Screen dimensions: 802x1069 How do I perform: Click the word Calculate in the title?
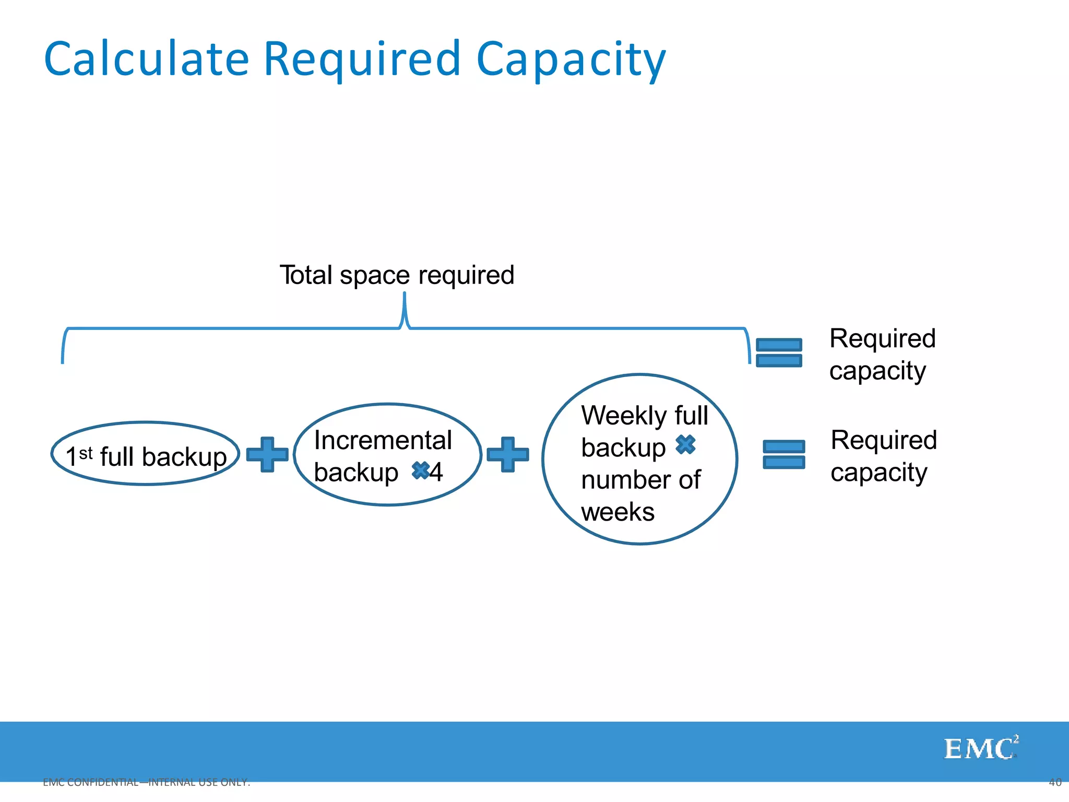[x=147, y=59]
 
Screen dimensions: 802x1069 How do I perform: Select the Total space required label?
[x=397, y=275]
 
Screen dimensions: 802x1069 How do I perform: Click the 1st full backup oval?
[x=146, y=454]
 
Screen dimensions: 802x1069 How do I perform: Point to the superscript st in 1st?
[x=86, y=452]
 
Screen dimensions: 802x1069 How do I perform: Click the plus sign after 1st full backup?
[x=267, y=455]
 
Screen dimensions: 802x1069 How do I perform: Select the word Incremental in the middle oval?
[x=383, y=440]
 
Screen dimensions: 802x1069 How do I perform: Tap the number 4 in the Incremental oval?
[x=436, y=472]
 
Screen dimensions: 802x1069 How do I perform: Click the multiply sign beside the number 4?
[x=420, y=470]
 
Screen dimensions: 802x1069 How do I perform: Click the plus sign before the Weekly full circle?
[x=507, y=455]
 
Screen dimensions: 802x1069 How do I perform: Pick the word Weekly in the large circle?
[x=624, y=416]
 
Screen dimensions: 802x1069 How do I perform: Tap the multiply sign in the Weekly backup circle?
[x=685, y=444]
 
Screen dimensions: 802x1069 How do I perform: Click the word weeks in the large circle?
[x=617, y=512]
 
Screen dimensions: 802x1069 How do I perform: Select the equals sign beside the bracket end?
[x=779, y=352]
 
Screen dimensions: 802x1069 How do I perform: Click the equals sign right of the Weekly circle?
[x=783, y=454]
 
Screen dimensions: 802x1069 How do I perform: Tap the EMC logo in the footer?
[x=980, y=748]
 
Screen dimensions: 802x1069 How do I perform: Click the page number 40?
[x=1055, y=782]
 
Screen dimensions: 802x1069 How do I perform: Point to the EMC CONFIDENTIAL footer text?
[x=146, y=782]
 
